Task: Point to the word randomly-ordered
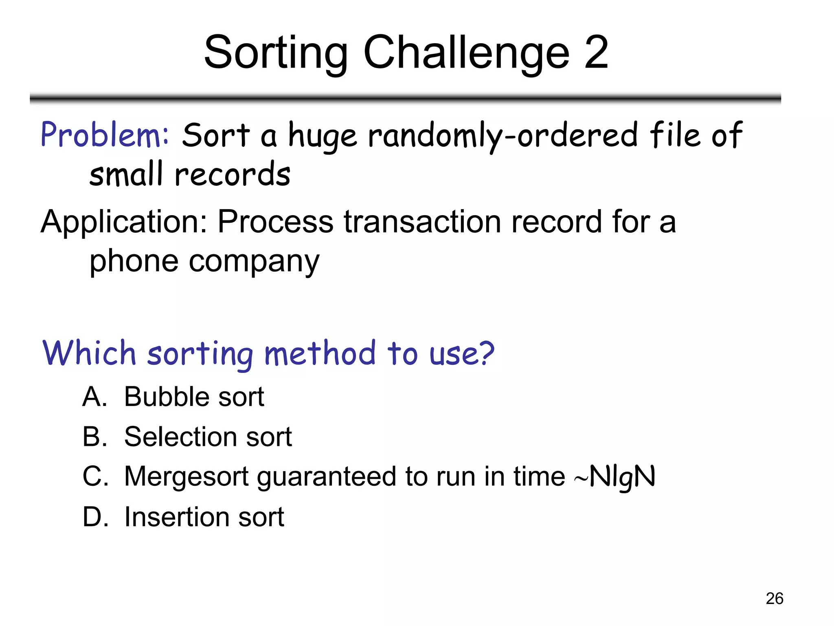point(503,136)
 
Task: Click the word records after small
point(233,175)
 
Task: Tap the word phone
point(134,261)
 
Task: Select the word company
point(254,262)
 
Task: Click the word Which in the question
point(89,353)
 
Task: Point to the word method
point(320,353)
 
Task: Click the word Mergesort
point(186,476)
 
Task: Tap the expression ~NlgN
point(615,476)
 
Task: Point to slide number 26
point(774,598)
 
